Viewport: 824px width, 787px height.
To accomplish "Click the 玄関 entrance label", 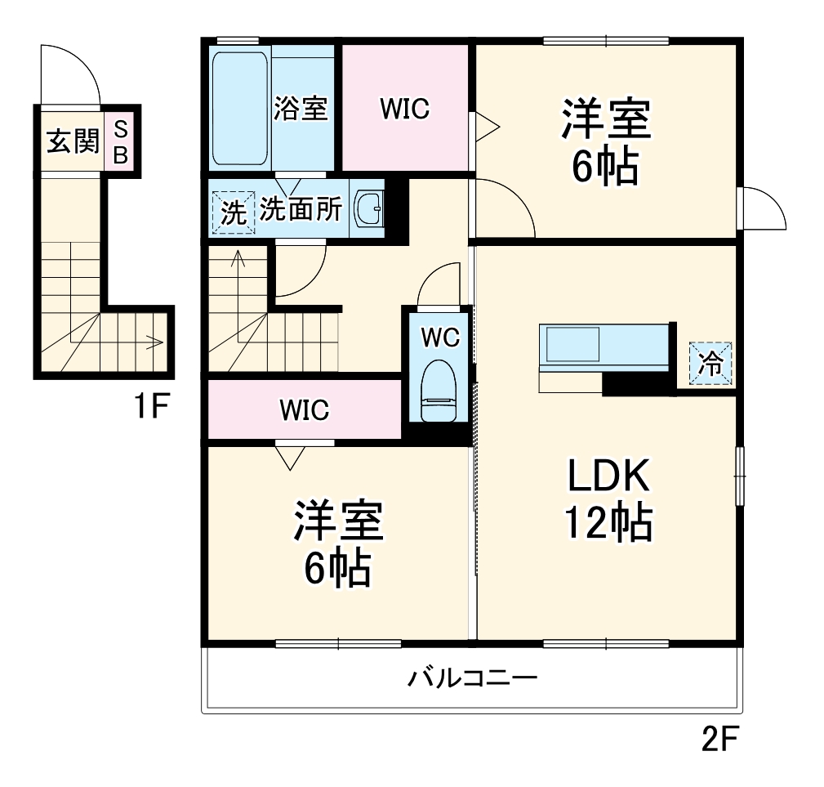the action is [x=73, y=141].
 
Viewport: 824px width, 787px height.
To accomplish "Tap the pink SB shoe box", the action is [x=121, y=141].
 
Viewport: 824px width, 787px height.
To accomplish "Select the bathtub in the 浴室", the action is [x=240, y=109].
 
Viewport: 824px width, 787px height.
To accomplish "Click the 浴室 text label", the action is [x=301, y=109].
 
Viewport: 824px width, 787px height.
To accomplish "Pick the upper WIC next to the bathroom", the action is [x=404, y=108].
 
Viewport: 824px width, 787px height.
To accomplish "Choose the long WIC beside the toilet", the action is [x=305, y=409].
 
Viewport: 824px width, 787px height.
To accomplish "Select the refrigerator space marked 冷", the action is [x=710, y=363].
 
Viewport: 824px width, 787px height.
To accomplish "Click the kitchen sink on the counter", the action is [x=572, y=344].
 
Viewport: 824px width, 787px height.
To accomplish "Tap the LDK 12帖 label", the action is [x=608, y=499].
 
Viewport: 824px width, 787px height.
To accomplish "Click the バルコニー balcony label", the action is [x=473, y=678].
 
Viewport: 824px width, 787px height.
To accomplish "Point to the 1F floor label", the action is [x=151, y=406].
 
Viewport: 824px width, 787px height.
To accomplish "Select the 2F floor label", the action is [x=720, y=740].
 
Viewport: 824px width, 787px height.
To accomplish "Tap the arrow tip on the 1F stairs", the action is [x=163, y=342].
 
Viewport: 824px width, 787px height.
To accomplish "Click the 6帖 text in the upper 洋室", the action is [x=605, y=167].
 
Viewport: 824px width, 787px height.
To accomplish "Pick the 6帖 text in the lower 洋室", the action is [x=338, y=569].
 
